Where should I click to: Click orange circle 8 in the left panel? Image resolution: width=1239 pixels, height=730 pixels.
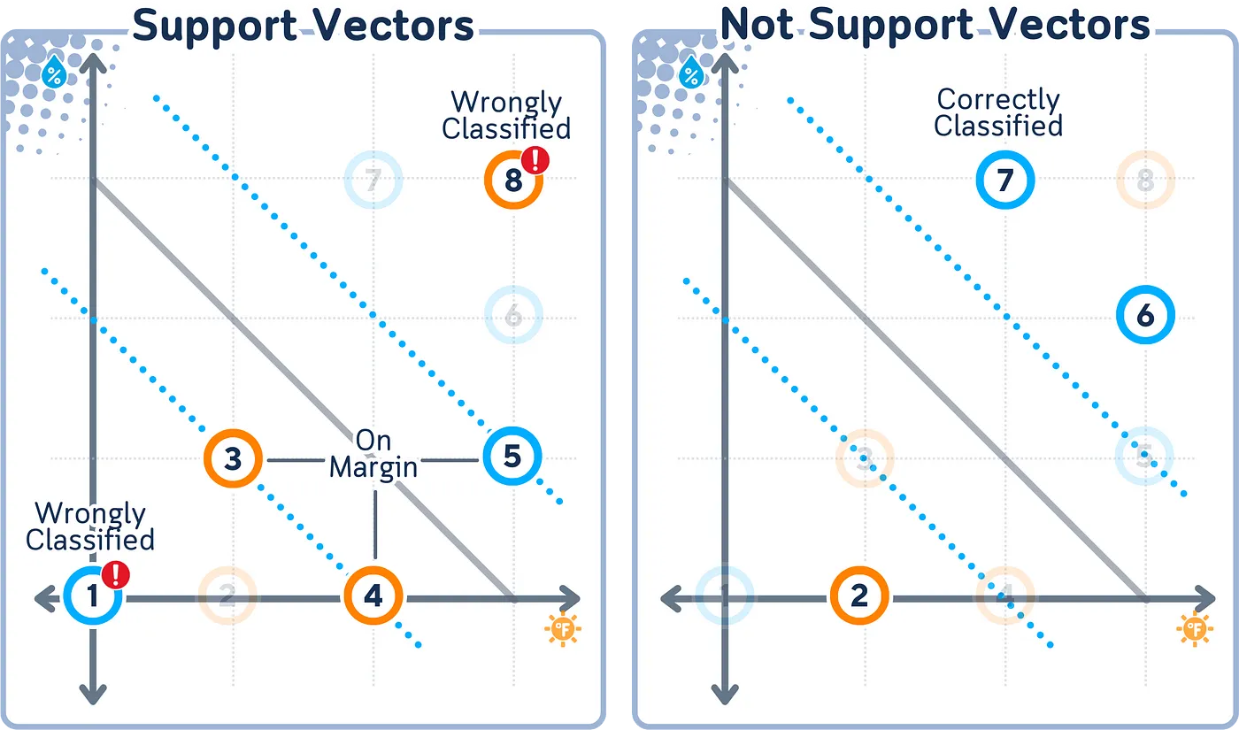pyautogui.click(x=512, y=181)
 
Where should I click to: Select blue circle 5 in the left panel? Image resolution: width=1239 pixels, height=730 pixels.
pyautogui.click(x=512, y=457)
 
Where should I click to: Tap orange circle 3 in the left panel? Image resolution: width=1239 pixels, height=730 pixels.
pyautogui.click(x=233, y=458)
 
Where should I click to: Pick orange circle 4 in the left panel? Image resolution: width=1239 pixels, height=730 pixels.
pyautogui.click(x=373, y=596)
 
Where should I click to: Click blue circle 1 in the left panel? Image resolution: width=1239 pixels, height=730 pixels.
pyautogui.click(x=92, y=596)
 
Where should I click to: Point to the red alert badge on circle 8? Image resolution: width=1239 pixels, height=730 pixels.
pyautogui.click(x=535, y=160)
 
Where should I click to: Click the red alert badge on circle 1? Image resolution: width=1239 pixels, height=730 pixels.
pyautogui.click(x=116, y=575)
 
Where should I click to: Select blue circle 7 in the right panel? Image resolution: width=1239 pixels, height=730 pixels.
pyautogui.click(x=1004, y=181)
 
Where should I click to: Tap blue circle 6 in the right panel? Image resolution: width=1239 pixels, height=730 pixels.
pyautogui.click(x=1144, y=316)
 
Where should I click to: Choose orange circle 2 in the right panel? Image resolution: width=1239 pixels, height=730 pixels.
pyautogui.click(x=859, y=596)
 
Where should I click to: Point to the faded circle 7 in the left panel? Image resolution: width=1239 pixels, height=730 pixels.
pyautogui.click(x=373, y=181)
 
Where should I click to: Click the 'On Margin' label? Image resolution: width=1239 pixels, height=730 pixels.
pyautogui.click(x=373, y=454)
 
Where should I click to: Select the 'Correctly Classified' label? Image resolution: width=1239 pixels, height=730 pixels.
pyautogui.click(x=998, y=112)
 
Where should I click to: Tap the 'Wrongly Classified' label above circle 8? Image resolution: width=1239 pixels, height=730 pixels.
pyautogui.click(x=506, y=115)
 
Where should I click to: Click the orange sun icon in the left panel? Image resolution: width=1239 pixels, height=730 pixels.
pyautogui.click(x=563, y=629)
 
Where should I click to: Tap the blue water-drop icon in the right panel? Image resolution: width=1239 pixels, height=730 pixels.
pyautogui.click(x=689, y=75)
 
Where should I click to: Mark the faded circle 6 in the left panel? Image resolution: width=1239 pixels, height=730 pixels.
pyautogui.click(x=513, y=316)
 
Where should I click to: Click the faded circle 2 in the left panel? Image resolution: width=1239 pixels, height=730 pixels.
pyautogui.click(x=227, y=596)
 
